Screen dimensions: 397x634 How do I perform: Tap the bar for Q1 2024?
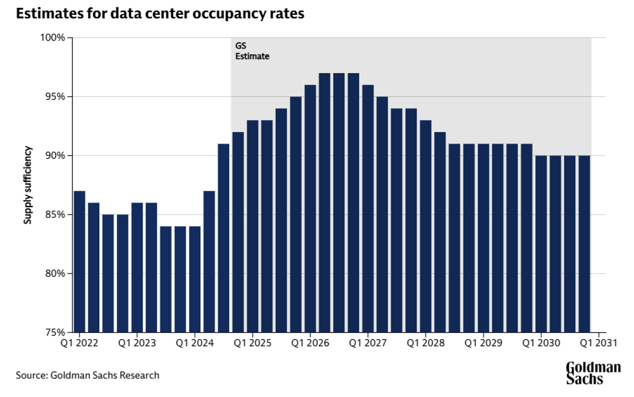point(195,279)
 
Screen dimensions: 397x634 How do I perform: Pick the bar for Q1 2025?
point(252,226)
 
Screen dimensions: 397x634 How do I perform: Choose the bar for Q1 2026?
point(310,208)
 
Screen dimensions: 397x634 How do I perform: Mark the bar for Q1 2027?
point(368,208)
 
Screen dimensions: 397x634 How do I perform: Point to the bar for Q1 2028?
point(425,226)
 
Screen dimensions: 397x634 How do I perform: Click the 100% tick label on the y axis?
point(52,38)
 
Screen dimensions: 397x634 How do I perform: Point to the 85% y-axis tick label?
point(55,215)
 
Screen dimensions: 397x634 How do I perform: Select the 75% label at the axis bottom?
point(55,332)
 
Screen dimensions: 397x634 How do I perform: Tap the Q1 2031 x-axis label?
point(599,343)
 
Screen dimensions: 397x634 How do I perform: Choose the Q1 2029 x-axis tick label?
point(483,343)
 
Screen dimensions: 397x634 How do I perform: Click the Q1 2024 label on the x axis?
point(195,343)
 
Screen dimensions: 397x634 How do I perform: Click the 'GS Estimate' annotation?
point(252,51)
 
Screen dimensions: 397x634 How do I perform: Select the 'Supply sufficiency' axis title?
point(28,185)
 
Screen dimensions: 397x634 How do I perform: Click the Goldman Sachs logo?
point(593,373)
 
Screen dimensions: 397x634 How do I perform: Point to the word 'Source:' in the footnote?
point(32,375)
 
